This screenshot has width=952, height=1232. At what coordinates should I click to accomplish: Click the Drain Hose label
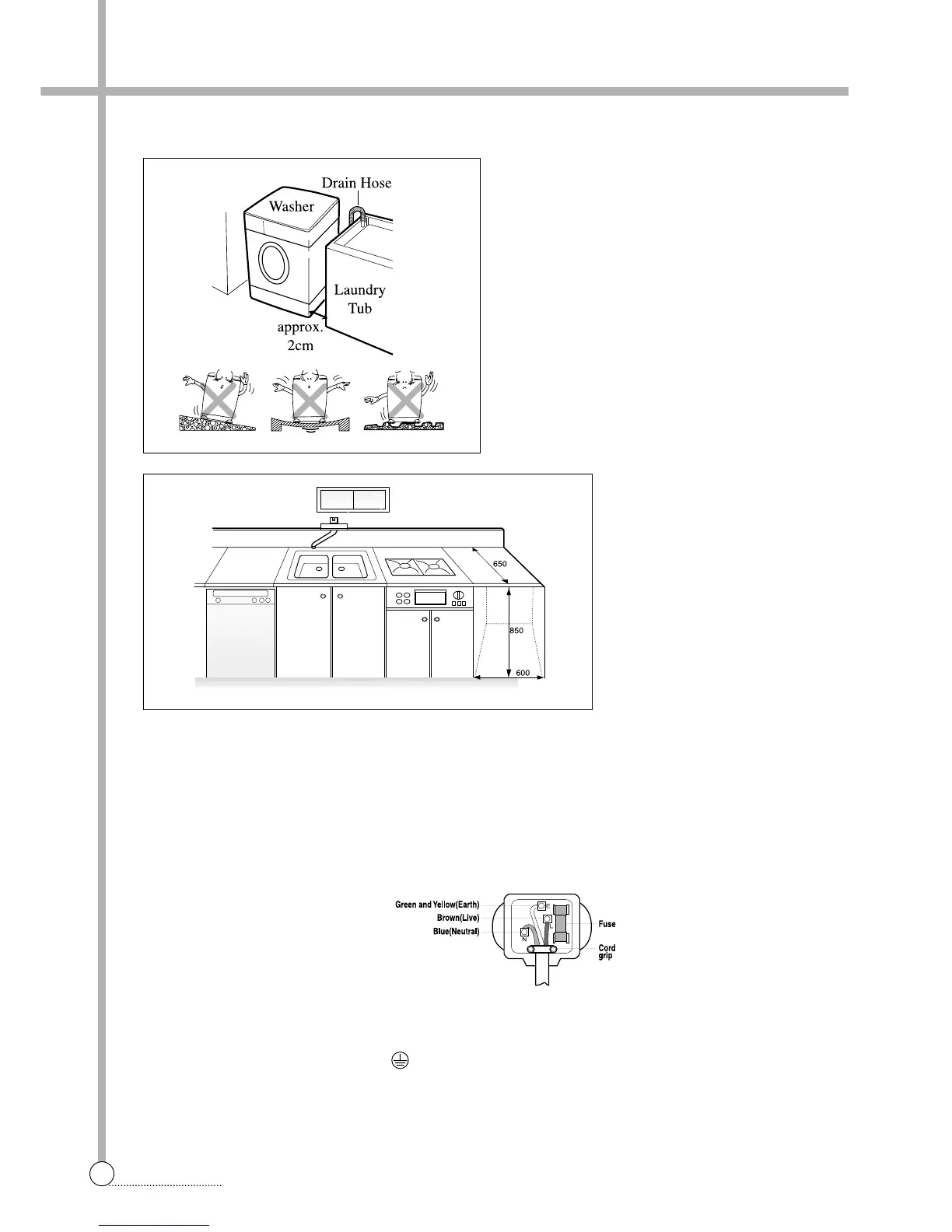(356, 184)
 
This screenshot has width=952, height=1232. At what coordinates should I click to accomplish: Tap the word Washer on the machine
(292, 206)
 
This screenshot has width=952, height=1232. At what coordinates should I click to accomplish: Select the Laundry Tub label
(359, 299)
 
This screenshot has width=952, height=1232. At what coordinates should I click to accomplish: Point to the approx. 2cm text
(299, 336)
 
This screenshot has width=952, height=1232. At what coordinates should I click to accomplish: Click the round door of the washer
(274, 262)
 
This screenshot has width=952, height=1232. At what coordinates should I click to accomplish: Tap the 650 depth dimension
(499, 563)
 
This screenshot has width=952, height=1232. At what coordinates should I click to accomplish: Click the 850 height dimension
(516, 631)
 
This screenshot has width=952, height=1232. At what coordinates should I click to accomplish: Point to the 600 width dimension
(523, 673)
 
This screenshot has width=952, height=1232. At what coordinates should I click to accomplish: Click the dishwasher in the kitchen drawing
(240, 633)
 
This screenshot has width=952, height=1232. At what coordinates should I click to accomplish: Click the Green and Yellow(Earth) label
(437, 905)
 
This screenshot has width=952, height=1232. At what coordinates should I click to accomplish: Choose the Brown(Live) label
(457, 918)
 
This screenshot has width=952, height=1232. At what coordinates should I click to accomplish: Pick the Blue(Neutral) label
(456, 931)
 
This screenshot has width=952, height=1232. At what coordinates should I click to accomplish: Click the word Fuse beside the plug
(607, 924)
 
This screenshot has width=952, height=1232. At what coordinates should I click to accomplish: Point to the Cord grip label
(607, 951)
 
